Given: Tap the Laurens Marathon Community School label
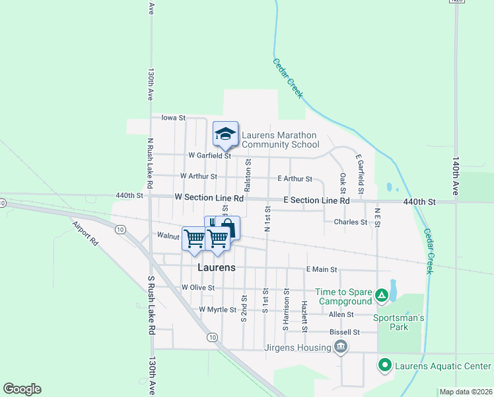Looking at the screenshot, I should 280,140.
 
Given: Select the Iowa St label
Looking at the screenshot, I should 173,117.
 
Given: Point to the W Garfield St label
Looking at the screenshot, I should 209,156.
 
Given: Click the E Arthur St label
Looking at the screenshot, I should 295,179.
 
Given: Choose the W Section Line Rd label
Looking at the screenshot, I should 209,198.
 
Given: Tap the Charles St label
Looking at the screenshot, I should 350,222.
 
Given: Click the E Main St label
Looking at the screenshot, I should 322,269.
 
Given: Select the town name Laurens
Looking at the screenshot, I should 217,267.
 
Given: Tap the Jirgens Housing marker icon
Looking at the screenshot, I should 341,347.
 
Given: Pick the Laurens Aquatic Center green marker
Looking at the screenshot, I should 384,365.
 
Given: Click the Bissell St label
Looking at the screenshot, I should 345,331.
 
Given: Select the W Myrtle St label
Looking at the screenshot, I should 217,310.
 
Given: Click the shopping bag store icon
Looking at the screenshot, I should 227,228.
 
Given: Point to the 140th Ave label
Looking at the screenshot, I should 455,175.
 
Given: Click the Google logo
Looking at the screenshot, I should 22,389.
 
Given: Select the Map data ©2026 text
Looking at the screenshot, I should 465,392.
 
